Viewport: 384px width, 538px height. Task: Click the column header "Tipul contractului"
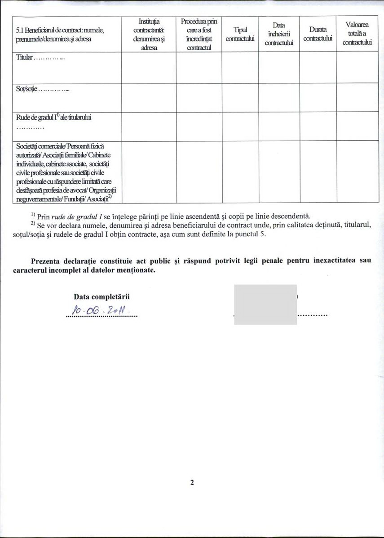pyautogui.click(x=240, y=35)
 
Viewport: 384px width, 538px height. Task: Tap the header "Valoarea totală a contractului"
pyautogui.click(x=358, y=34)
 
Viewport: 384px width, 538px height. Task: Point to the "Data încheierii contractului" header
pyautogui.click(x=279, y=34)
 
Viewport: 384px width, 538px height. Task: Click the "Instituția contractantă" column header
pyautogui.click(x=149, y=34)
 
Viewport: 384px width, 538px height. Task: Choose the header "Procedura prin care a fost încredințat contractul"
pyautogui.click(x=199, y=35)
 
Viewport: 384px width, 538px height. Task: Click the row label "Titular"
pyautogui.click(x=41, y=58)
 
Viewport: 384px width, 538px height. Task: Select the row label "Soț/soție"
pyautogui.click(x=43, y=89)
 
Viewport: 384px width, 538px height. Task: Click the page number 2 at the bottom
pyautogui.click(x=192, y=483)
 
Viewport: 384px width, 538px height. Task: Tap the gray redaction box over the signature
pyautogui.click(x=265, y=304)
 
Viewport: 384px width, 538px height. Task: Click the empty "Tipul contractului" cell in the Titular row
pyautogui.click(x=240, y=68)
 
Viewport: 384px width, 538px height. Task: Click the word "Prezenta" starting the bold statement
pyautogui.click(x=44, y=261)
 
